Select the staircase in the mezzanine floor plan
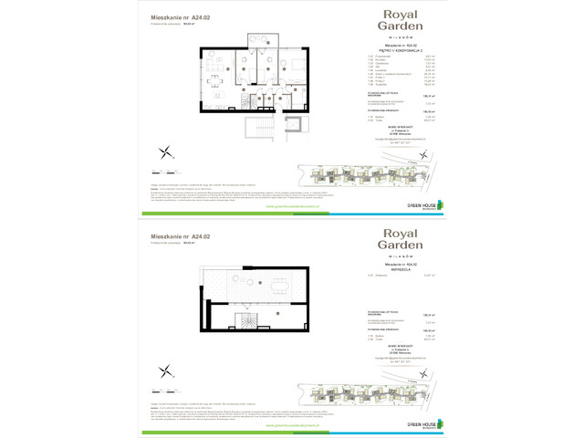pyautogui.click(x=248, y=322)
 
